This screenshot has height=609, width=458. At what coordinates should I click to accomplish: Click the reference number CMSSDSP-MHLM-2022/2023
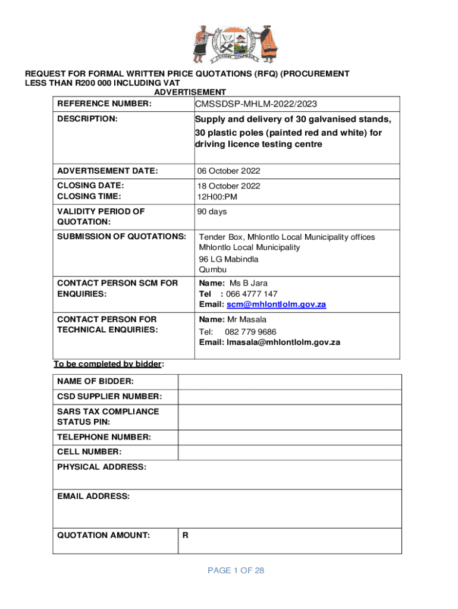(256, 105)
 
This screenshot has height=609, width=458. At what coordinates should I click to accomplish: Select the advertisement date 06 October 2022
(229, 171)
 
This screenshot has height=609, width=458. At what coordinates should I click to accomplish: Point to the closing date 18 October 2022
(229, 186)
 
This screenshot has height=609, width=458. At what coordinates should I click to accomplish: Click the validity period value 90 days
(212, 212)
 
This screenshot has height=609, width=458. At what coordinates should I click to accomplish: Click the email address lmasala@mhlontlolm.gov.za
(283, 343)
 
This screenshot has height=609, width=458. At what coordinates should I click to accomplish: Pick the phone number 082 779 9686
(250, 332)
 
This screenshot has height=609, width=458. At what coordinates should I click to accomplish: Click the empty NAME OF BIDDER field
(290, 381)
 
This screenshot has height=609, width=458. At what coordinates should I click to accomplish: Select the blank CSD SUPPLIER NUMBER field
(290, 397)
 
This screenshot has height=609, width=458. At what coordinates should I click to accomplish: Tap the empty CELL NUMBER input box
(290, 453)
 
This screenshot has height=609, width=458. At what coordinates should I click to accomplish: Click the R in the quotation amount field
(186, 535)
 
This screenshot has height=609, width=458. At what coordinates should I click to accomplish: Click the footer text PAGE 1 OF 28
(236, 571)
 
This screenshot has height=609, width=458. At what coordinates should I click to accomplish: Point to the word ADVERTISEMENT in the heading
(190, 92)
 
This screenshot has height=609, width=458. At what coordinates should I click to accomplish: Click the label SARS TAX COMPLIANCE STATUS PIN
(108, 416)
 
